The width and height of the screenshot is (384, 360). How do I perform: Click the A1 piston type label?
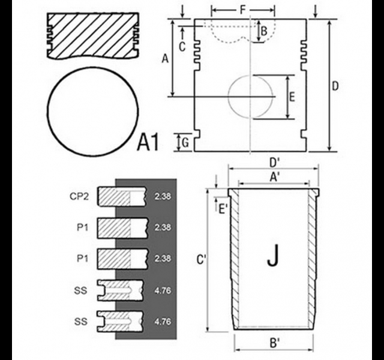pos(148,142)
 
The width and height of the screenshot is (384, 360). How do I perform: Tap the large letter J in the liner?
pos(273,256)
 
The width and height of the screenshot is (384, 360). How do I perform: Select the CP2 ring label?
pos(79,196)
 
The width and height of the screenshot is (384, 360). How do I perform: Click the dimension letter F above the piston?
pos(242,10)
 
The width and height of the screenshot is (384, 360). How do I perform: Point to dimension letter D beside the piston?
pos(335,86)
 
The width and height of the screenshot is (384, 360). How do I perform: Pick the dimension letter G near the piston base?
pos(185,143)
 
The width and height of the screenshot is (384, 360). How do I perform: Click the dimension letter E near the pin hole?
pos(292,97)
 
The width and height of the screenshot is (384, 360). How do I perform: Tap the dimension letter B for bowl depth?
pos(264,31)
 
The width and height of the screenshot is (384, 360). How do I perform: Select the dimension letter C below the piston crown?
pos(182,47)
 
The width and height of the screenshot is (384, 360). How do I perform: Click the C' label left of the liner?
pos(202,260)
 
